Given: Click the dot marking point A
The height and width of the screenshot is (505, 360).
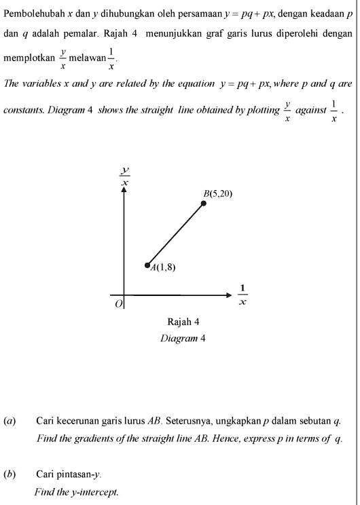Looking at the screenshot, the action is [x=147, y=265].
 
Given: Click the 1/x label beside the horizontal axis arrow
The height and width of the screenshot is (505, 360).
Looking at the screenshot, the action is [x=242, y=294].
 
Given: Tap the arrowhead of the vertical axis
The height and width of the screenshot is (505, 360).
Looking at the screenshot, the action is [x=124, y=191].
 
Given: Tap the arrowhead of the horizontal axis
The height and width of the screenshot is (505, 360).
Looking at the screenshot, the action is [x=228, y=295].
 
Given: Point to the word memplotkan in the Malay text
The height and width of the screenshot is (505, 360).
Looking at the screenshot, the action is [x=29, y=59].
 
